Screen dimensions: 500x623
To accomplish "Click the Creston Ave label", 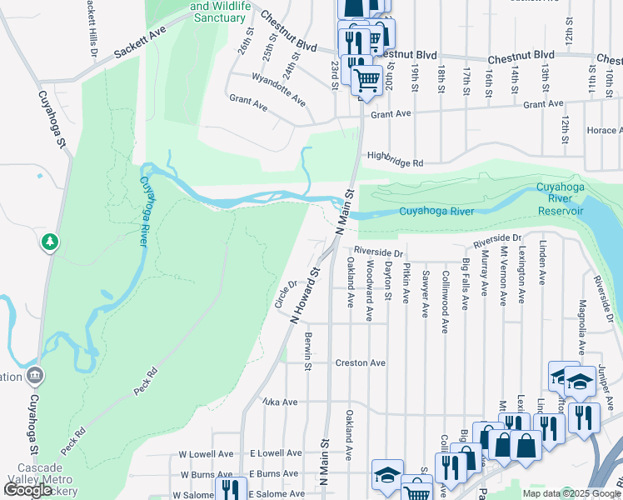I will point(360,363).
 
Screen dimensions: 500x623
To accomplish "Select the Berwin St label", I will point(307,351).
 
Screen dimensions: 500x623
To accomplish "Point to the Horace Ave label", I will point(604,131).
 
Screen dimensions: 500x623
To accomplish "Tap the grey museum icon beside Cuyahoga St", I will point(34,375).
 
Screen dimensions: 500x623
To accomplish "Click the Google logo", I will point(27,490).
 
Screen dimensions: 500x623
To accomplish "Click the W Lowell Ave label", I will point(207,454).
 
